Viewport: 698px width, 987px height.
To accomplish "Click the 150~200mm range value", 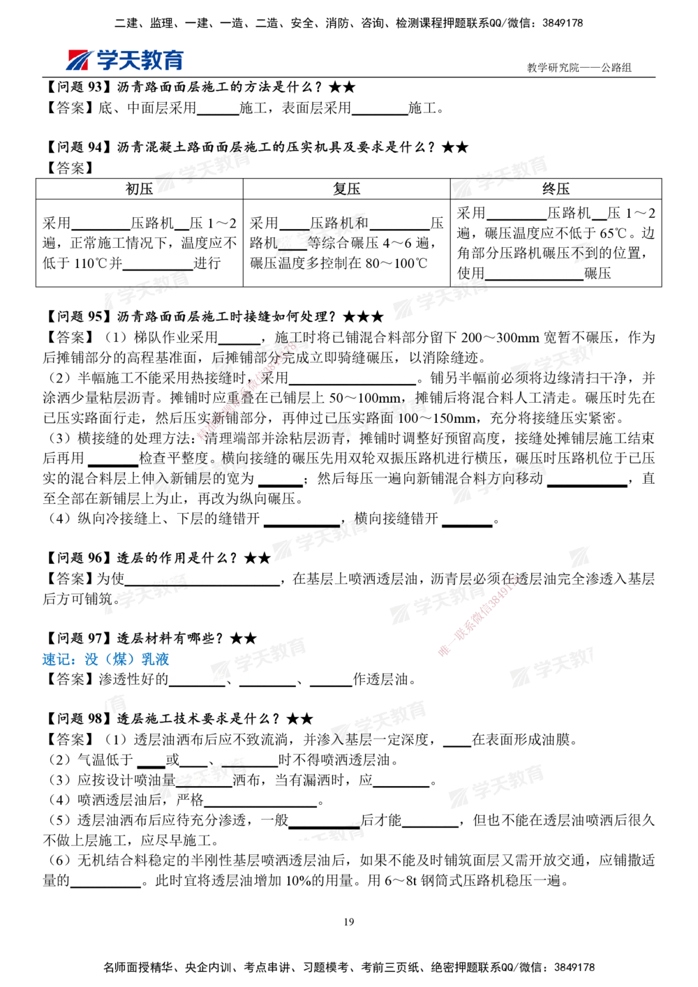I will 588,479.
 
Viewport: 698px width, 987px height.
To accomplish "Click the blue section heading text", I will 105,660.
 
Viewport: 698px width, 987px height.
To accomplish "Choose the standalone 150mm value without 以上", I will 281,479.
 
